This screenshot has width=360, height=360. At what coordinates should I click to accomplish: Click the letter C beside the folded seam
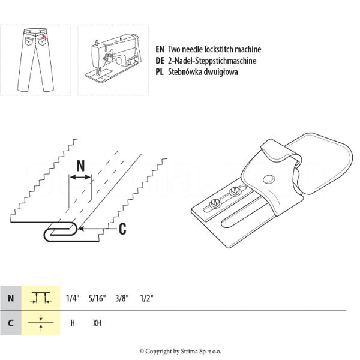tap(122, 227)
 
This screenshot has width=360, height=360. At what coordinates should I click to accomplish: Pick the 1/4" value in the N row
tap(73, 298)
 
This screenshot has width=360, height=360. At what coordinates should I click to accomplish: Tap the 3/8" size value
tap(122, 298)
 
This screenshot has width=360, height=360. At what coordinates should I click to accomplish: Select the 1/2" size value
tap(146, 298)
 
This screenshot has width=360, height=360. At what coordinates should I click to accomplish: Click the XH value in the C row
tap(97, 323)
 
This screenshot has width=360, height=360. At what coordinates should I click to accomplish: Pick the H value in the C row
tap(73, 323)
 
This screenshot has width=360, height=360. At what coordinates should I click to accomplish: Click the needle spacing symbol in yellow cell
tap(41, 298)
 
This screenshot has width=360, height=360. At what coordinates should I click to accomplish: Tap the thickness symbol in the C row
tap(41, 323)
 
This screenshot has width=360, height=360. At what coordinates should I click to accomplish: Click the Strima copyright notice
tap(179, 351)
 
